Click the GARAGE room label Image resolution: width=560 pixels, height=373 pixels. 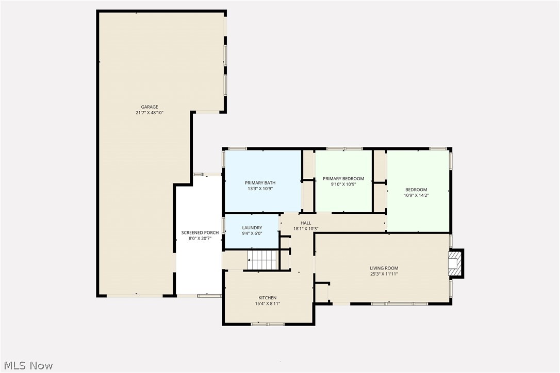(150, 107)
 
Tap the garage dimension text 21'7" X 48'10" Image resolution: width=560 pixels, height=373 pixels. (150, 113)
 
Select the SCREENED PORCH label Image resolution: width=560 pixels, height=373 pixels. (200, 233)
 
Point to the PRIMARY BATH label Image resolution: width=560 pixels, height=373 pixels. (260, 183)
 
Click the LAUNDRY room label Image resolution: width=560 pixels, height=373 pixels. (252, 228)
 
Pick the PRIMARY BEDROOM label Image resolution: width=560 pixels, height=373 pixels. (343, 179)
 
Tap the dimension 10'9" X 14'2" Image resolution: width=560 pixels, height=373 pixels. (416, 195)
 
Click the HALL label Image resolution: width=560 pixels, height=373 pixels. (306, 223)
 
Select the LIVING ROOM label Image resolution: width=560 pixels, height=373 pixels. (384, 268)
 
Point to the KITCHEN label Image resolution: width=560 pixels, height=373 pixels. (267, 298)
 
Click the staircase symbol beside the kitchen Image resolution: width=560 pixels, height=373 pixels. (262, 260)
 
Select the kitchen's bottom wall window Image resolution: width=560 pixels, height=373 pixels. (268, 324)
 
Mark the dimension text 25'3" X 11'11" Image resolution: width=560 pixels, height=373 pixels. (384, 274)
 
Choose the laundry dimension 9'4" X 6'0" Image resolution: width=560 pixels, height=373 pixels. (252, 233)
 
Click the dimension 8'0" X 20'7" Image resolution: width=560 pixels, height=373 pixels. (200, 239)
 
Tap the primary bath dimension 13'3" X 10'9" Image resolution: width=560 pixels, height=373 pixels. (260, 189)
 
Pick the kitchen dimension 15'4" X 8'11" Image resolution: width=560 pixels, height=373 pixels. (267, 303)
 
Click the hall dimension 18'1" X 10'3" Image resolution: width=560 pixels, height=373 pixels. (306, 229)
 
